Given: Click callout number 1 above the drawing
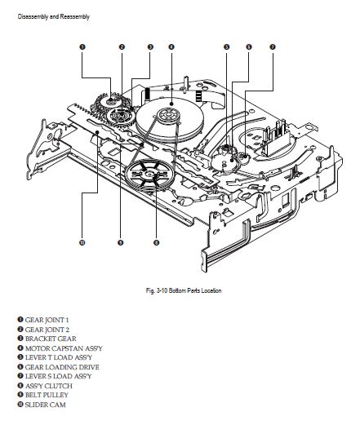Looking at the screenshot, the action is point(82,47).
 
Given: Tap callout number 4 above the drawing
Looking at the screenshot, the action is point(171,47).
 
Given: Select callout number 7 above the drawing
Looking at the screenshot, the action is point(273,47).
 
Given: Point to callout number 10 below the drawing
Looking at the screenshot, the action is point(82,242).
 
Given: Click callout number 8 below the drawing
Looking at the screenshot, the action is point(156,242).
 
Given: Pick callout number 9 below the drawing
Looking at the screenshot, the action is point(120,242).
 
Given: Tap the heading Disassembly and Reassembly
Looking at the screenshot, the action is point(54,16).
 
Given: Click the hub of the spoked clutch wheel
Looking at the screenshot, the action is point(149,174).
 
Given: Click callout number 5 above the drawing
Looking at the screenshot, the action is point(226,47).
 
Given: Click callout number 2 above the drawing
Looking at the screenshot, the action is point(122,47).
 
